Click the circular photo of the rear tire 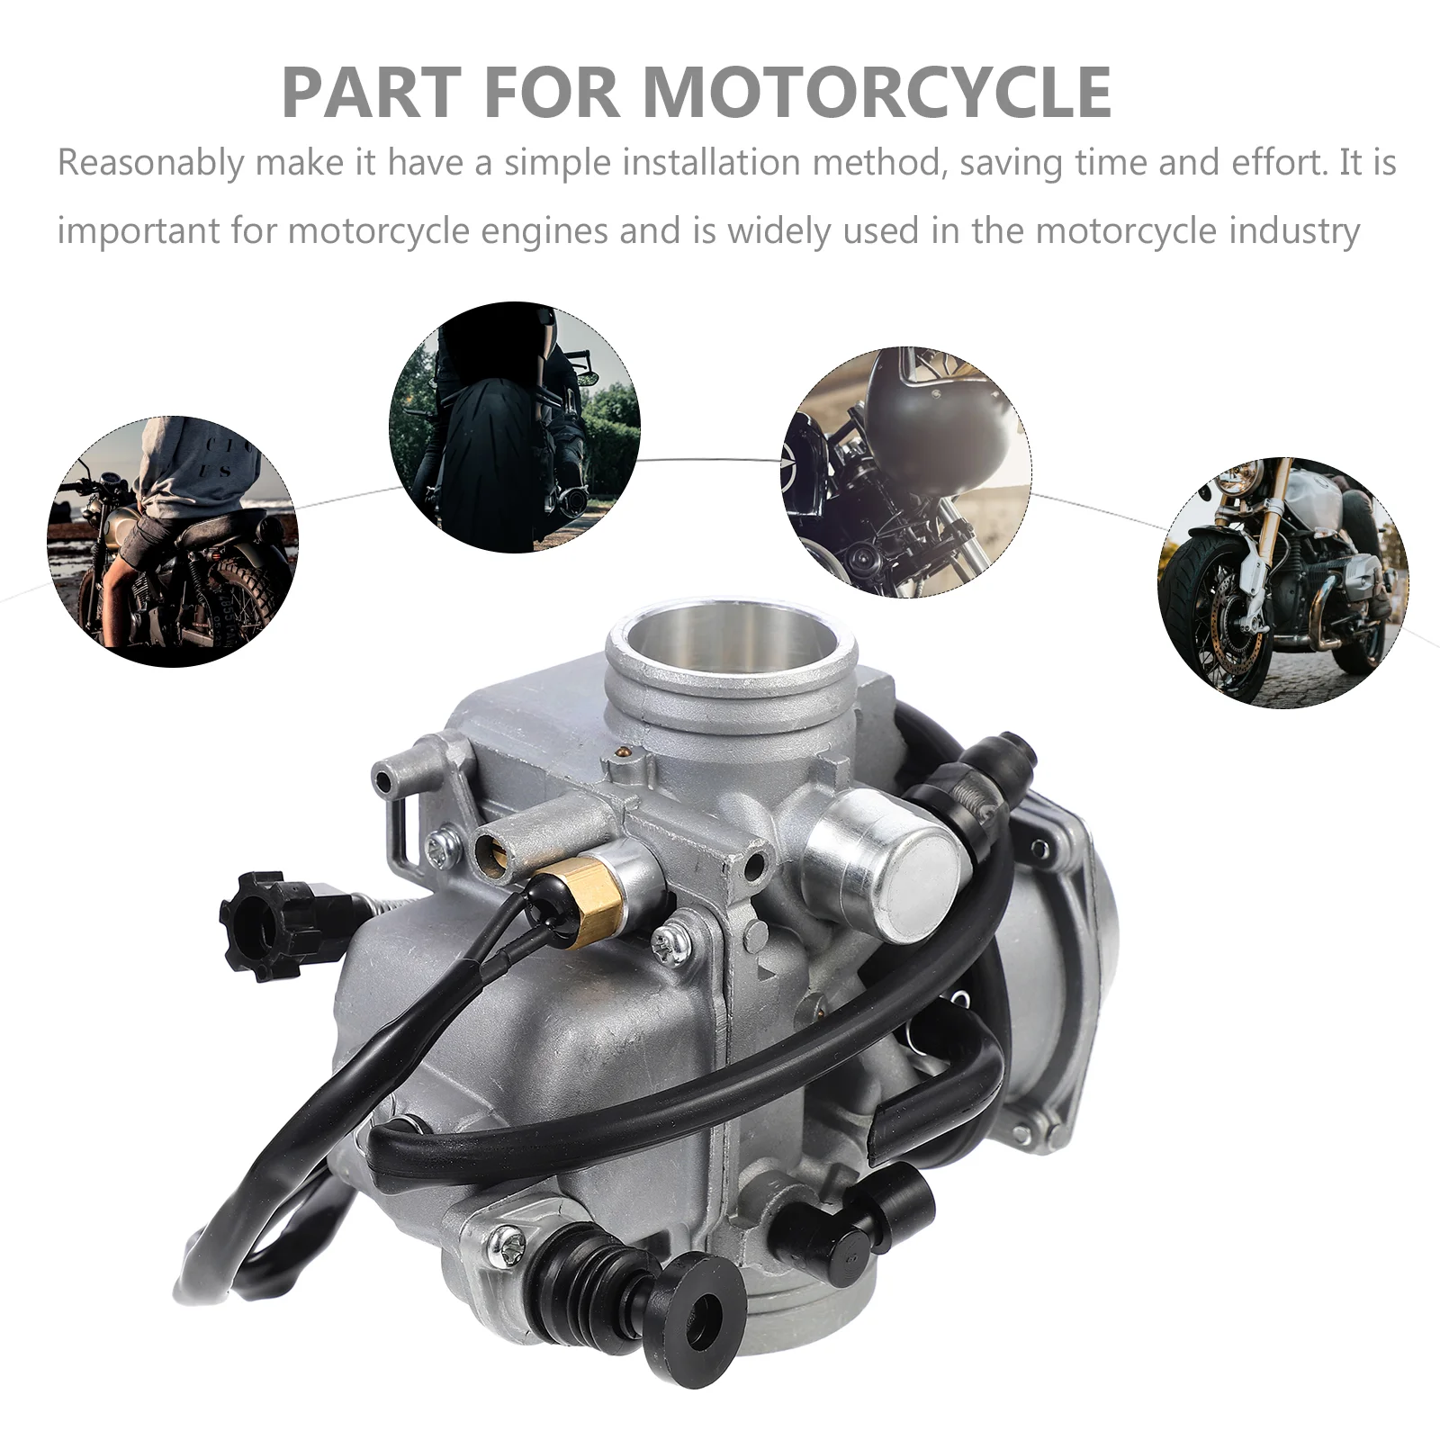[x=515, y=427]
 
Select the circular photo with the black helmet [x=906, y=472]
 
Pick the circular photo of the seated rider [x=173, y=542]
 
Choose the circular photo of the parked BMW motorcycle [x=1283, y=583]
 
